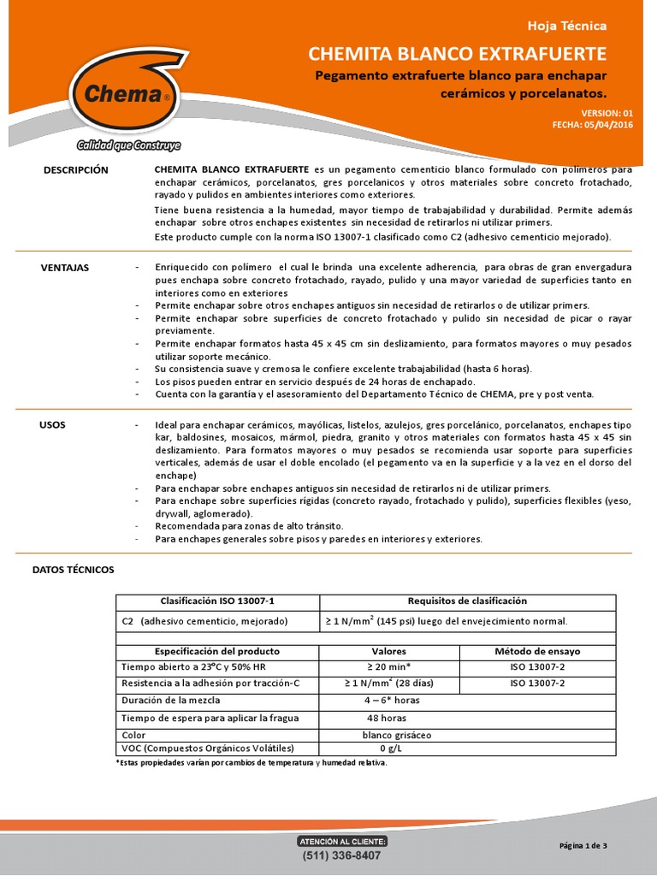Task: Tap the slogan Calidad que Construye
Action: (128, 145)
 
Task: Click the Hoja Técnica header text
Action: (578, 26)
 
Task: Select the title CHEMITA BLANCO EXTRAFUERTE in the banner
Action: (458, 55)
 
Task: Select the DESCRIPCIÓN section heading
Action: (76, 170)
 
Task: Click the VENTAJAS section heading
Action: (65, 268)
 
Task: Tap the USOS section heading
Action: (52, 424)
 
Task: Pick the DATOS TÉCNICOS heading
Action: (73, 569)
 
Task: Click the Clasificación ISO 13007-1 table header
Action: (216, 601)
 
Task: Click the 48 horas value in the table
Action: (387, 718)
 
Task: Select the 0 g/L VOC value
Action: (388, 748)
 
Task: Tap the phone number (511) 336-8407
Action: (342, 855)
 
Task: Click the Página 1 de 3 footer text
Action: (583, 846)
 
